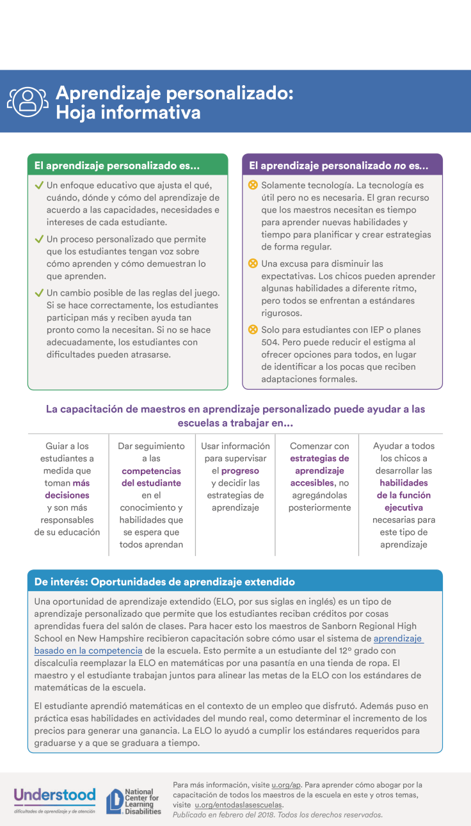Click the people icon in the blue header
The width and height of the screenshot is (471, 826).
coord(28,100)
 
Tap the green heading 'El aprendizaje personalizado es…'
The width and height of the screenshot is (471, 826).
coord(117,165)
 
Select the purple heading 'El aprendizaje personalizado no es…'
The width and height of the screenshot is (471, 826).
coord(339,165)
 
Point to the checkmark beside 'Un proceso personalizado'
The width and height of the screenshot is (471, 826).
coord(39,239)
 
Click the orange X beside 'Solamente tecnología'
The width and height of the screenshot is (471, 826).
coord(253,186)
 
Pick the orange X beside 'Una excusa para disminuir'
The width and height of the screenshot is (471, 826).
coord(253,264)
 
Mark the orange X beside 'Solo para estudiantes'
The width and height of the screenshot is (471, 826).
coord(253,330)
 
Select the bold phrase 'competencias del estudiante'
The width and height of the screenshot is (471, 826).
coord(151,477)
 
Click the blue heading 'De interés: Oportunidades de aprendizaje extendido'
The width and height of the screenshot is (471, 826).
coord(164,582)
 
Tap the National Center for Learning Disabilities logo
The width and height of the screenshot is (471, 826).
coord(133,801)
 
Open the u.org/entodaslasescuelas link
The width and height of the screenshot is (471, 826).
coord(239,805)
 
